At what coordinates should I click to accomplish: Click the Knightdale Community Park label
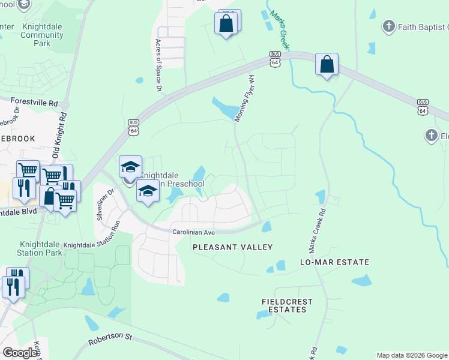pyautogui.click(x=42, y=35)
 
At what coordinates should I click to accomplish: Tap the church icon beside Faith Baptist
pyautogui.click(x=389, y=26)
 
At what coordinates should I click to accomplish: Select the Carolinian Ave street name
pyautogui.click(x=194, y=232)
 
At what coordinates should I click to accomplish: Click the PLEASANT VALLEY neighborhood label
pyautogui.click(x=232, y=247)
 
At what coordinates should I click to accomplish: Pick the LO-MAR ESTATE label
pyautogui.click(x=334, y=263)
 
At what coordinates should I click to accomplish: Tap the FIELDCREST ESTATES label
pyautogui.click(x=284, y=305)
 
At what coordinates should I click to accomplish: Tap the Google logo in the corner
pyautogui.click(x=20, y=353)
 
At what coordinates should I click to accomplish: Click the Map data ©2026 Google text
pyautogui.click(x=411, y=355)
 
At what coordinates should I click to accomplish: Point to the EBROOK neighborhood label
pyautogui.click(x=17, y=139)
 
